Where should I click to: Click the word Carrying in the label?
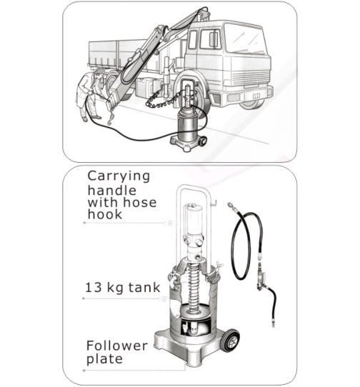point(119,176)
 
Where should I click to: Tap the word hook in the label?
point(105,214)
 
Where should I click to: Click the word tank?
point(144,288)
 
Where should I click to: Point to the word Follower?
point(117,346)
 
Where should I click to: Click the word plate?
point(104,359)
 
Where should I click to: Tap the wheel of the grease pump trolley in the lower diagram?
point(231,341)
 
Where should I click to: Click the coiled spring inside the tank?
point(194,288)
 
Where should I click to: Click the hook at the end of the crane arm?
point(111,117)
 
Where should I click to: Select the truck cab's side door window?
point(209,39)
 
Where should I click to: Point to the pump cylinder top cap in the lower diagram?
point(193,206)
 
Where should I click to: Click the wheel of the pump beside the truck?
point(203,141)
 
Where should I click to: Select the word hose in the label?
point(139,202)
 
